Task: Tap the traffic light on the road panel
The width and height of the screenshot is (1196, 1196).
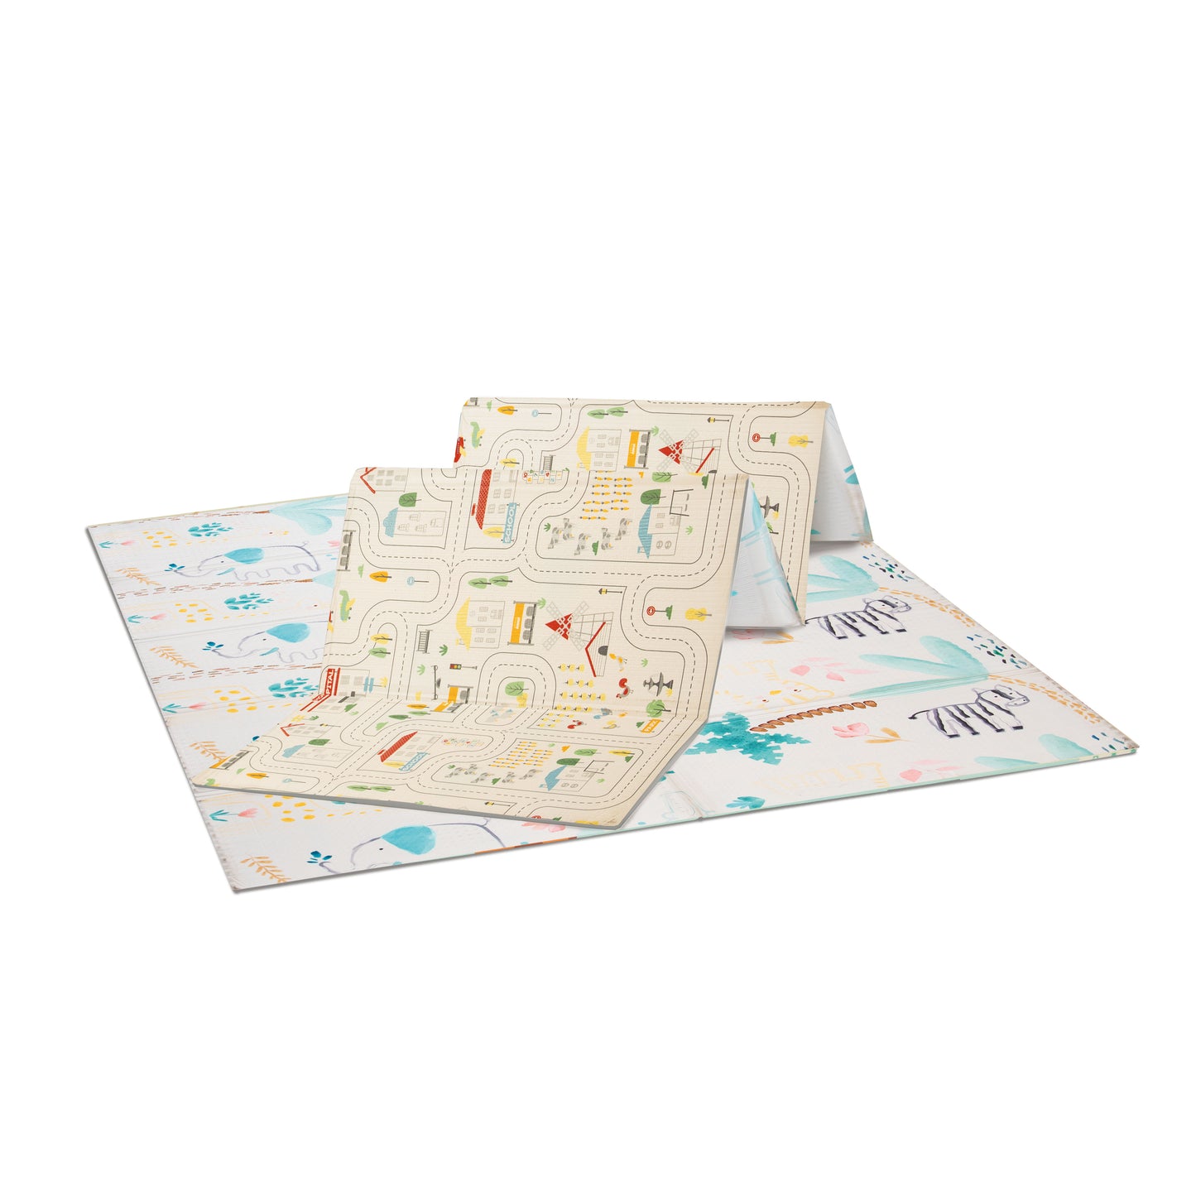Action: click(x=453, y=668)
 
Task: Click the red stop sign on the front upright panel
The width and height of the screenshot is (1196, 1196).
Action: click(x=653, y=611)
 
